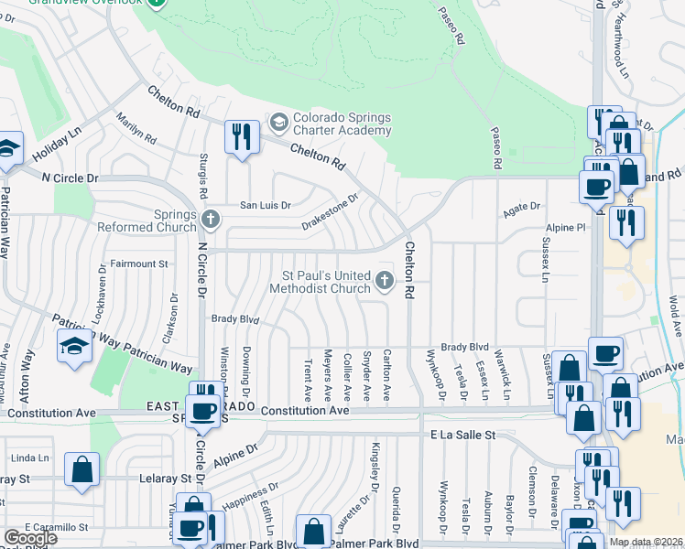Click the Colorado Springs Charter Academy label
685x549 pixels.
(x=342, y=124)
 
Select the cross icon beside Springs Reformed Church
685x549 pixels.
(x=212, y=219)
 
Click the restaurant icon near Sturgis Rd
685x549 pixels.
(x=242, y=136)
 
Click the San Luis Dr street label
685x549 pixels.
(x=265, y=205)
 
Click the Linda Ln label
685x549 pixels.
(x=31, y=457)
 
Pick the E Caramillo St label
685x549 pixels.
(x=56, y=527)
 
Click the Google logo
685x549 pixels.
(x=29, y=538)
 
